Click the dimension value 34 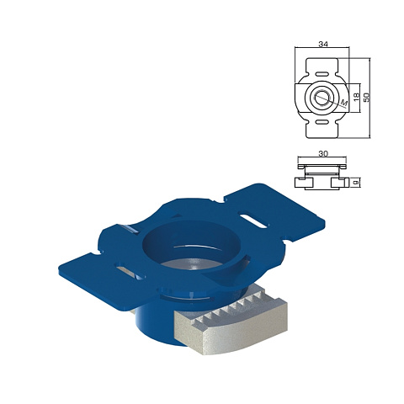pos(323,44)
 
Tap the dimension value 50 pos(366,97)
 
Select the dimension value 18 pos(356,97)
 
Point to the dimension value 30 pos(323,153)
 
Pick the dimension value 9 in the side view pos(356,183)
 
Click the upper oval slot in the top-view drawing pos(322,74)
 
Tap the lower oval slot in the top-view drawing pos(322,122)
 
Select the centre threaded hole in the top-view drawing pos(322,98)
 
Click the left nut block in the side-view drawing pos(304,183)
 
